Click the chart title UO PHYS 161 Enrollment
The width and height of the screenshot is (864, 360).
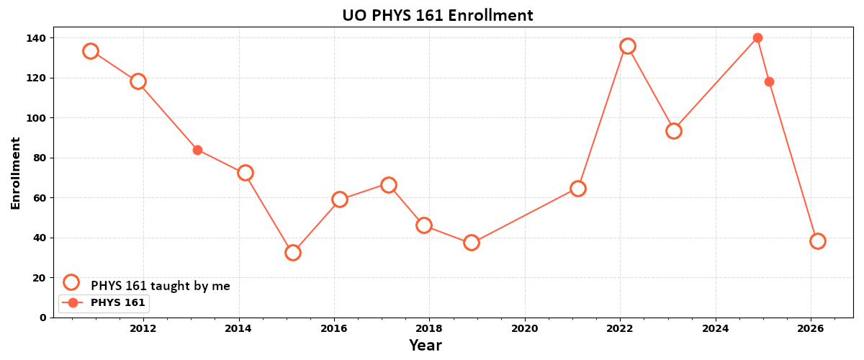tap(437, 15)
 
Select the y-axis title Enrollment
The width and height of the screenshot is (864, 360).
tap(16, 173)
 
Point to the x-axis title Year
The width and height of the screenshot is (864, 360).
tap(425, 346)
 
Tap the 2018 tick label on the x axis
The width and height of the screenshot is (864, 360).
tap(429, 329)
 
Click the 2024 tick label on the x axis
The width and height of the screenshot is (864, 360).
tap(716, 329)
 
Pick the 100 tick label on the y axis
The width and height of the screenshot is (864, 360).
tap(37, 118)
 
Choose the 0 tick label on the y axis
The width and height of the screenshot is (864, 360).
tap(43, 318)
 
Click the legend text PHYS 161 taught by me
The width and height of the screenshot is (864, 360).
tap(160, 286)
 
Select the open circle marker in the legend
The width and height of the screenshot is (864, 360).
tap(71, 282)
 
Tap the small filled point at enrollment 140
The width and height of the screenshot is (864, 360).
tap(757, 38)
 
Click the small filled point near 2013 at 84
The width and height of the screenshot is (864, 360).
tap(197, 150)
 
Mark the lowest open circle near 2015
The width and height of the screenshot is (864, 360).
tap(292, 253)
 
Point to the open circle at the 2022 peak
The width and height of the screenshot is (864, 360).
tap(628, 46)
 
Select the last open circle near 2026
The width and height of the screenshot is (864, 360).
tap(817, 241)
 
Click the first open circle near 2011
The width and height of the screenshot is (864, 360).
tap(90, 51)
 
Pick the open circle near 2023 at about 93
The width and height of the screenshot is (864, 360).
tap(674, 131)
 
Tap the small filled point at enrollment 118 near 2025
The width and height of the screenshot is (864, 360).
tap(769, 81)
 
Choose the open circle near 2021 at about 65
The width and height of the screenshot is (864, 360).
tap(577, 189)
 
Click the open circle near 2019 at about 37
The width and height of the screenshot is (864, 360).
tap(472, 243)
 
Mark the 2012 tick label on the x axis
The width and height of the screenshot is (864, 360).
tap(143, 329)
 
